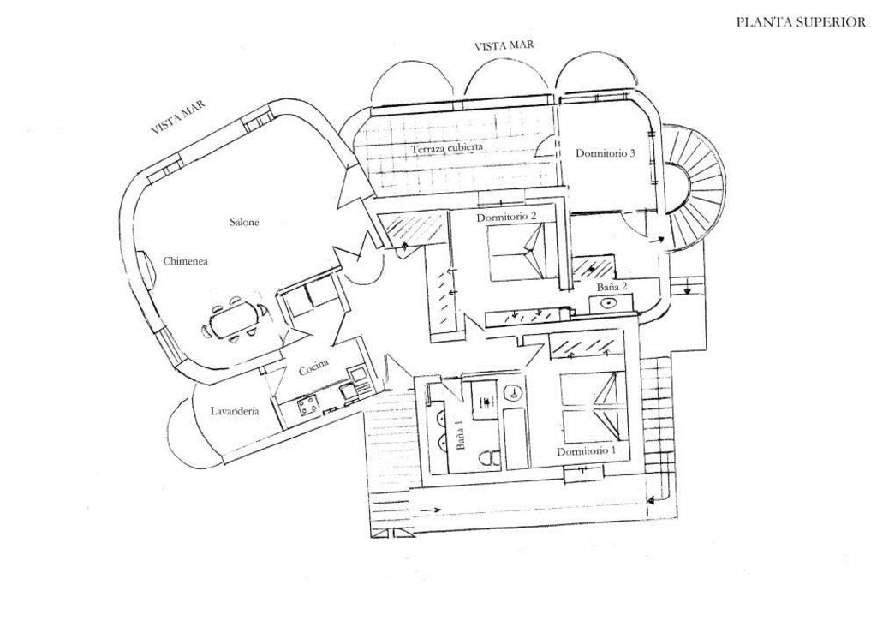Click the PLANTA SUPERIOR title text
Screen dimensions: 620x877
[x=800, y=23]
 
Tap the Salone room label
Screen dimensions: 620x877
[x=244, y=223]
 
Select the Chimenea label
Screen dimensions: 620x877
[x=186, y=261]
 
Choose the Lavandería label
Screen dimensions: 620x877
[x=234, y=412]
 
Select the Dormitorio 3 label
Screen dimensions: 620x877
[x=605, y=154]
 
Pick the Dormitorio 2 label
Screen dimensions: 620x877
[x=506, y=218]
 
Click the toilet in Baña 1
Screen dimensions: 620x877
[x=489, y=457]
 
